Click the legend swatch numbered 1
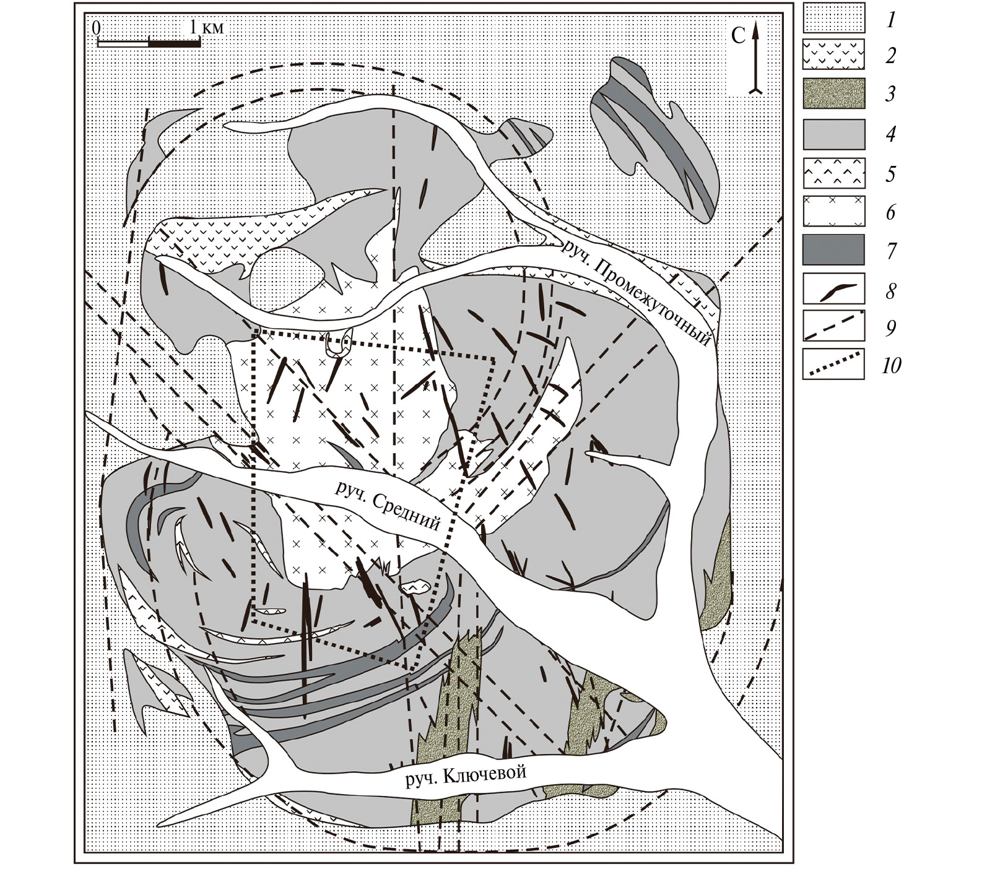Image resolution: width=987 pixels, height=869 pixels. tap(833, 18)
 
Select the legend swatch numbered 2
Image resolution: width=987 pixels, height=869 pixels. tap(833, 55)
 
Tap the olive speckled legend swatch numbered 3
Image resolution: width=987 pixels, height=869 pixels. tap(833, 93)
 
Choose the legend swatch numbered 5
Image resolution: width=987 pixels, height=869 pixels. tap(833, 173)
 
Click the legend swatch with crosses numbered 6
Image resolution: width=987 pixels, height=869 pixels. tap(833, 212)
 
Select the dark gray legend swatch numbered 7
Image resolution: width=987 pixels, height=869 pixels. tap(833, 250)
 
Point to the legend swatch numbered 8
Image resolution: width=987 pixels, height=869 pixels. tap(833, 289)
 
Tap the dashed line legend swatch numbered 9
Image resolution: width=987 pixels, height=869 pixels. tap(833, 326)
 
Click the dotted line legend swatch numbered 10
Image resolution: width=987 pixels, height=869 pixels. tap(833, 364)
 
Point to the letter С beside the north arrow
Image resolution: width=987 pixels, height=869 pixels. tap(738, 37)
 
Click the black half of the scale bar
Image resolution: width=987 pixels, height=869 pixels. tap(175, 43)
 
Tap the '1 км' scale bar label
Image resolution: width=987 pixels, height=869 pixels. tap(207, 27)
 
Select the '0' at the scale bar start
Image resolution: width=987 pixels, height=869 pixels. tap(97, 28)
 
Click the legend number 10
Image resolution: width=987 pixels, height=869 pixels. tap(891, 366)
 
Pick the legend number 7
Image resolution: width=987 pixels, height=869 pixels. tap(891, 251)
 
